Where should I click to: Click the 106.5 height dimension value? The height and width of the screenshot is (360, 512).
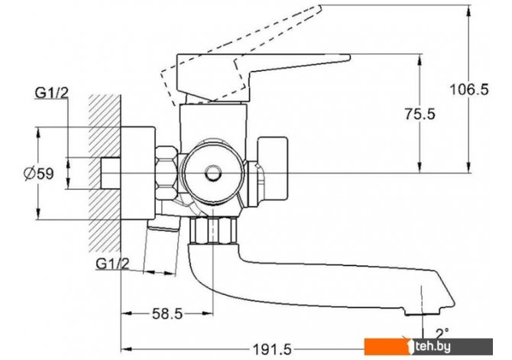pos(469,89)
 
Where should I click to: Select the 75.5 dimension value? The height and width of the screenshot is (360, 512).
pos(420,114)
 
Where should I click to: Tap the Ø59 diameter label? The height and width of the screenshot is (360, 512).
pos(38,174)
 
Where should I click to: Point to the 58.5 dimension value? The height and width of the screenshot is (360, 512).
pos(167,314)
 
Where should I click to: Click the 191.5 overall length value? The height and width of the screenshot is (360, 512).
pos(273,350)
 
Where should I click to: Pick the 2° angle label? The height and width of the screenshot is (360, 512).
pos(442,333)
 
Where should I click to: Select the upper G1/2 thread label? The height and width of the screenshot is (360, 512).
pos(52,93)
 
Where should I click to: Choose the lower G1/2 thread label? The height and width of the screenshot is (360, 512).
pos(112,263)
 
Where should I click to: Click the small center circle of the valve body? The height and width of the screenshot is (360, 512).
pos(213,174)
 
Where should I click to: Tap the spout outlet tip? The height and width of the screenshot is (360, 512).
pos(422,313)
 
